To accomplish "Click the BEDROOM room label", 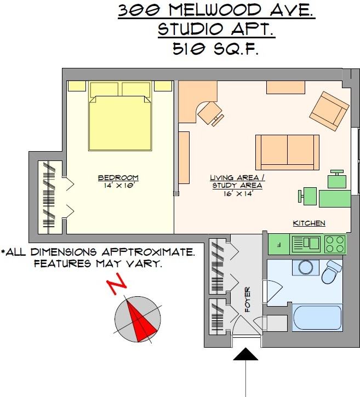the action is [x=118, y=178].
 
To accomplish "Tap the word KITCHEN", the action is [x=309, y=223].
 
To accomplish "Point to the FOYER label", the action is [x=248, y=300].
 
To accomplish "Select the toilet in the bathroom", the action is [x=332, y=272].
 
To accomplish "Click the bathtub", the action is [x=317, y=318].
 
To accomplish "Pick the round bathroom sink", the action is [x=305, y=267].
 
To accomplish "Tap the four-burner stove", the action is [x=335, y=244].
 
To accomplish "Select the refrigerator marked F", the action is [x=279, y=244].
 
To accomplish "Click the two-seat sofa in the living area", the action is [x=287, y=152].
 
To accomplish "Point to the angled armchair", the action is [x=329, y=111].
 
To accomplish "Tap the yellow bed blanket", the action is [x=121, y=123].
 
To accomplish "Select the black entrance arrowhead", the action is [x=245, y=354].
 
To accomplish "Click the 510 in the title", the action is [x=188, y=49].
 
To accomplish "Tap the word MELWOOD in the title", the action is [x=215, y=10].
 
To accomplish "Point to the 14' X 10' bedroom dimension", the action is [x=118, y=185].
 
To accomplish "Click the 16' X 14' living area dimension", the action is [x=238, y=194].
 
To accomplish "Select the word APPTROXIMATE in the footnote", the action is [x=148, y=252].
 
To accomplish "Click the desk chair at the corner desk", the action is [x=210, y=113].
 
